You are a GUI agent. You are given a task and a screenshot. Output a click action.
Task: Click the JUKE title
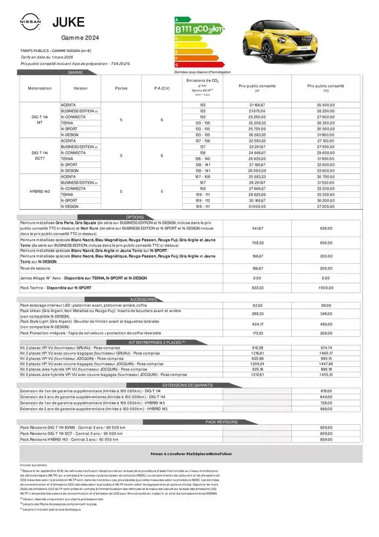click(x=68, y=22)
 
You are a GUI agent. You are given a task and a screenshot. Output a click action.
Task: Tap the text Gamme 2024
click(x=79, y=37)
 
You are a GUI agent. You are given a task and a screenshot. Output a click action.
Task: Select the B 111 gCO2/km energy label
click(x=199, y=29)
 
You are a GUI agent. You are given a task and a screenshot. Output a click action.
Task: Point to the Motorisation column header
click(x=40, y=88)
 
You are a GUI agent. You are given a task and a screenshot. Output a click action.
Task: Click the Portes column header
click(x=121, y=88)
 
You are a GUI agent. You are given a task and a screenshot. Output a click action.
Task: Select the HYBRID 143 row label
click(x=40, y=191)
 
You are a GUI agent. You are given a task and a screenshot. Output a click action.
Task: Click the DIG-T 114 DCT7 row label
click(x=40, y=156)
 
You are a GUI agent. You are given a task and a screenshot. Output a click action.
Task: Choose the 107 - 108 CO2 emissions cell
click(x=202, y=177)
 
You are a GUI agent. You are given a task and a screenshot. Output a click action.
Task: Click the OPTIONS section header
click(x=135, y=217)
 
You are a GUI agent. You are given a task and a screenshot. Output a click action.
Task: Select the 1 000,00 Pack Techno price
click(x=325, y=288)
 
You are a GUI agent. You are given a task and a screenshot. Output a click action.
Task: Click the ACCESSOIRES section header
click(x=143, y=299)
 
